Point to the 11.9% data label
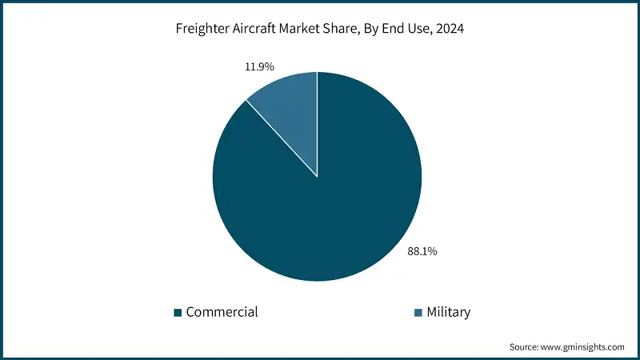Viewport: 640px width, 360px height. point(260,66)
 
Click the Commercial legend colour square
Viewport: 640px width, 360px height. point(178,312)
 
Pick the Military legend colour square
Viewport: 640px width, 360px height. point(418,312)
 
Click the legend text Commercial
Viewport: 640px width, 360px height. point(222,312)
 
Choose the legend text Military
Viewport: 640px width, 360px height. point(449,312)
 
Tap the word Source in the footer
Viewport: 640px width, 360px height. point(526,346)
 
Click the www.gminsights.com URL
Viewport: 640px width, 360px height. point(585,346)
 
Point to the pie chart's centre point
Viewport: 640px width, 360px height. point(318,177)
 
